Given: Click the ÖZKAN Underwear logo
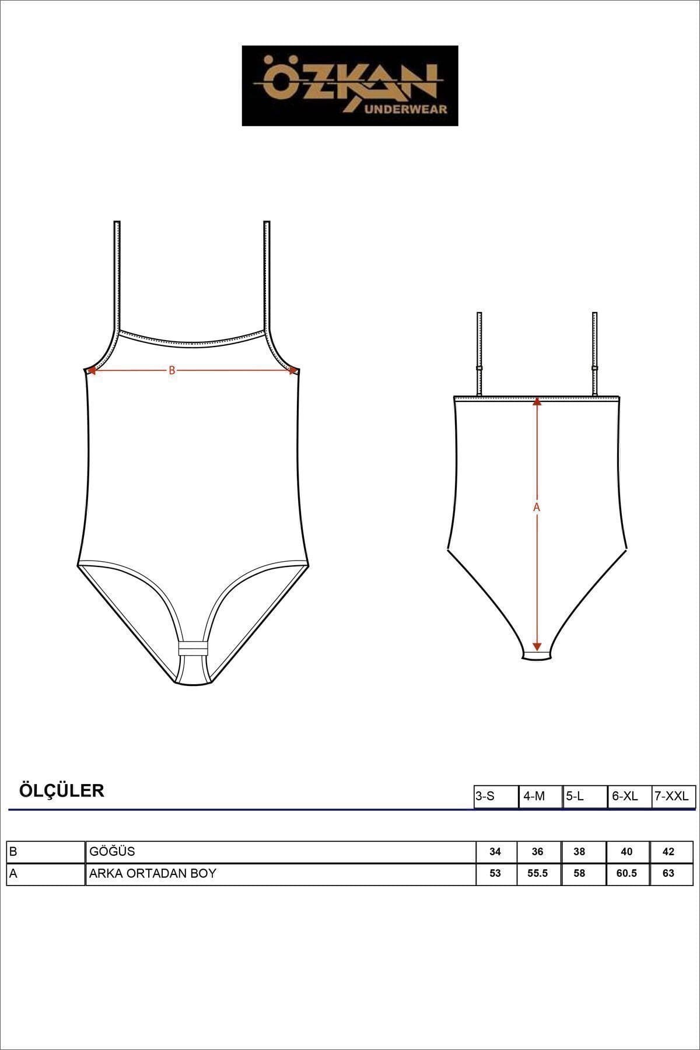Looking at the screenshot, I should pos(350,86).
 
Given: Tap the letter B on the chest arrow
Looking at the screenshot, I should pos(171,370).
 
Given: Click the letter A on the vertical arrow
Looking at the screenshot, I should pos(537,508).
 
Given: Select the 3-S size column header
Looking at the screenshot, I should pos(496,796).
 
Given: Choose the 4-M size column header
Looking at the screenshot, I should pos(540,796).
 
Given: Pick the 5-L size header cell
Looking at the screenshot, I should pos(584,796).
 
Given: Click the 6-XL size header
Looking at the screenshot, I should pos(629,796).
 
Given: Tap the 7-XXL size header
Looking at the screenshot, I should pos(673,796).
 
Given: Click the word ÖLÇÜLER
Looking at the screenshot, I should pos(62,791).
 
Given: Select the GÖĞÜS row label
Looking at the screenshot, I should pos(112,852).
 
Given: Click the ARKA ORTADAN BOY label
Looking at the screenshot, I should pos(153,873).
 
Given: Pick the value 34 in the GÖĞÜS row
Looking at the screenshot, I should pos(495,852).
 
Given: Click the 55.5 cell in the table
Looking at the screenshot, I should pos(538,873).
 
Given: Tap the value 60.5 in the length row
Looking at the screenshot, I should pos(626,873).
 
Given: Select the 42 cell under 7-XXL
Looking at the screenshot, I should pos(668,852).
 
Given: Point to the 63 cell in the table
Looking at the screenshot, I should pos(668,873).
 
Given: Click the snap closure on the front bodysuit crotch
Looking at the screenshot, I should pos(192,649).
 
